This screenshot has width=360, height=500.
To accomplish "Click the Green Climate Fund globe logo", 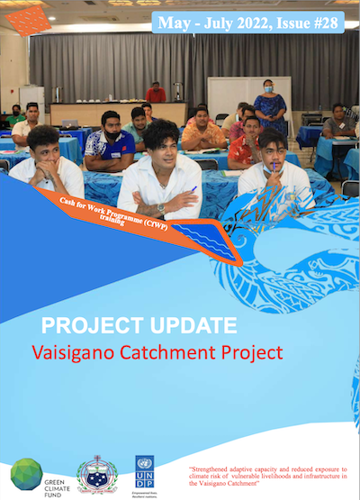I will (x=26, y=473).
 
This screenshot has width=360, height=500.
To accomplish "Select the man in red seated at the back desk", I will (x=157, y=93).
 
